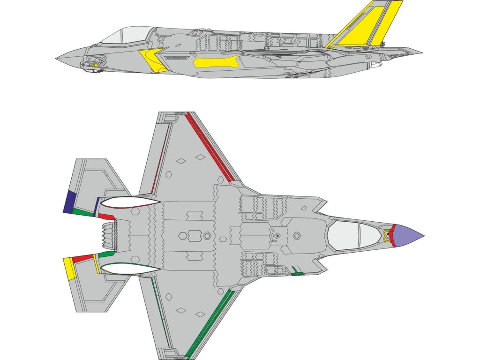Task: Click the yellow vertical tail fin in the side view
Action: point(370,23)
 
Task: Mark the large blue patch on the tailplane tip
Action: point(70,201)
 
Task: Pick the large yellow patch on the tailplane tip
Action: point(70,269)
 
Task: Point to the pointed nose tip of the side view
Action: point(57,59)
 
